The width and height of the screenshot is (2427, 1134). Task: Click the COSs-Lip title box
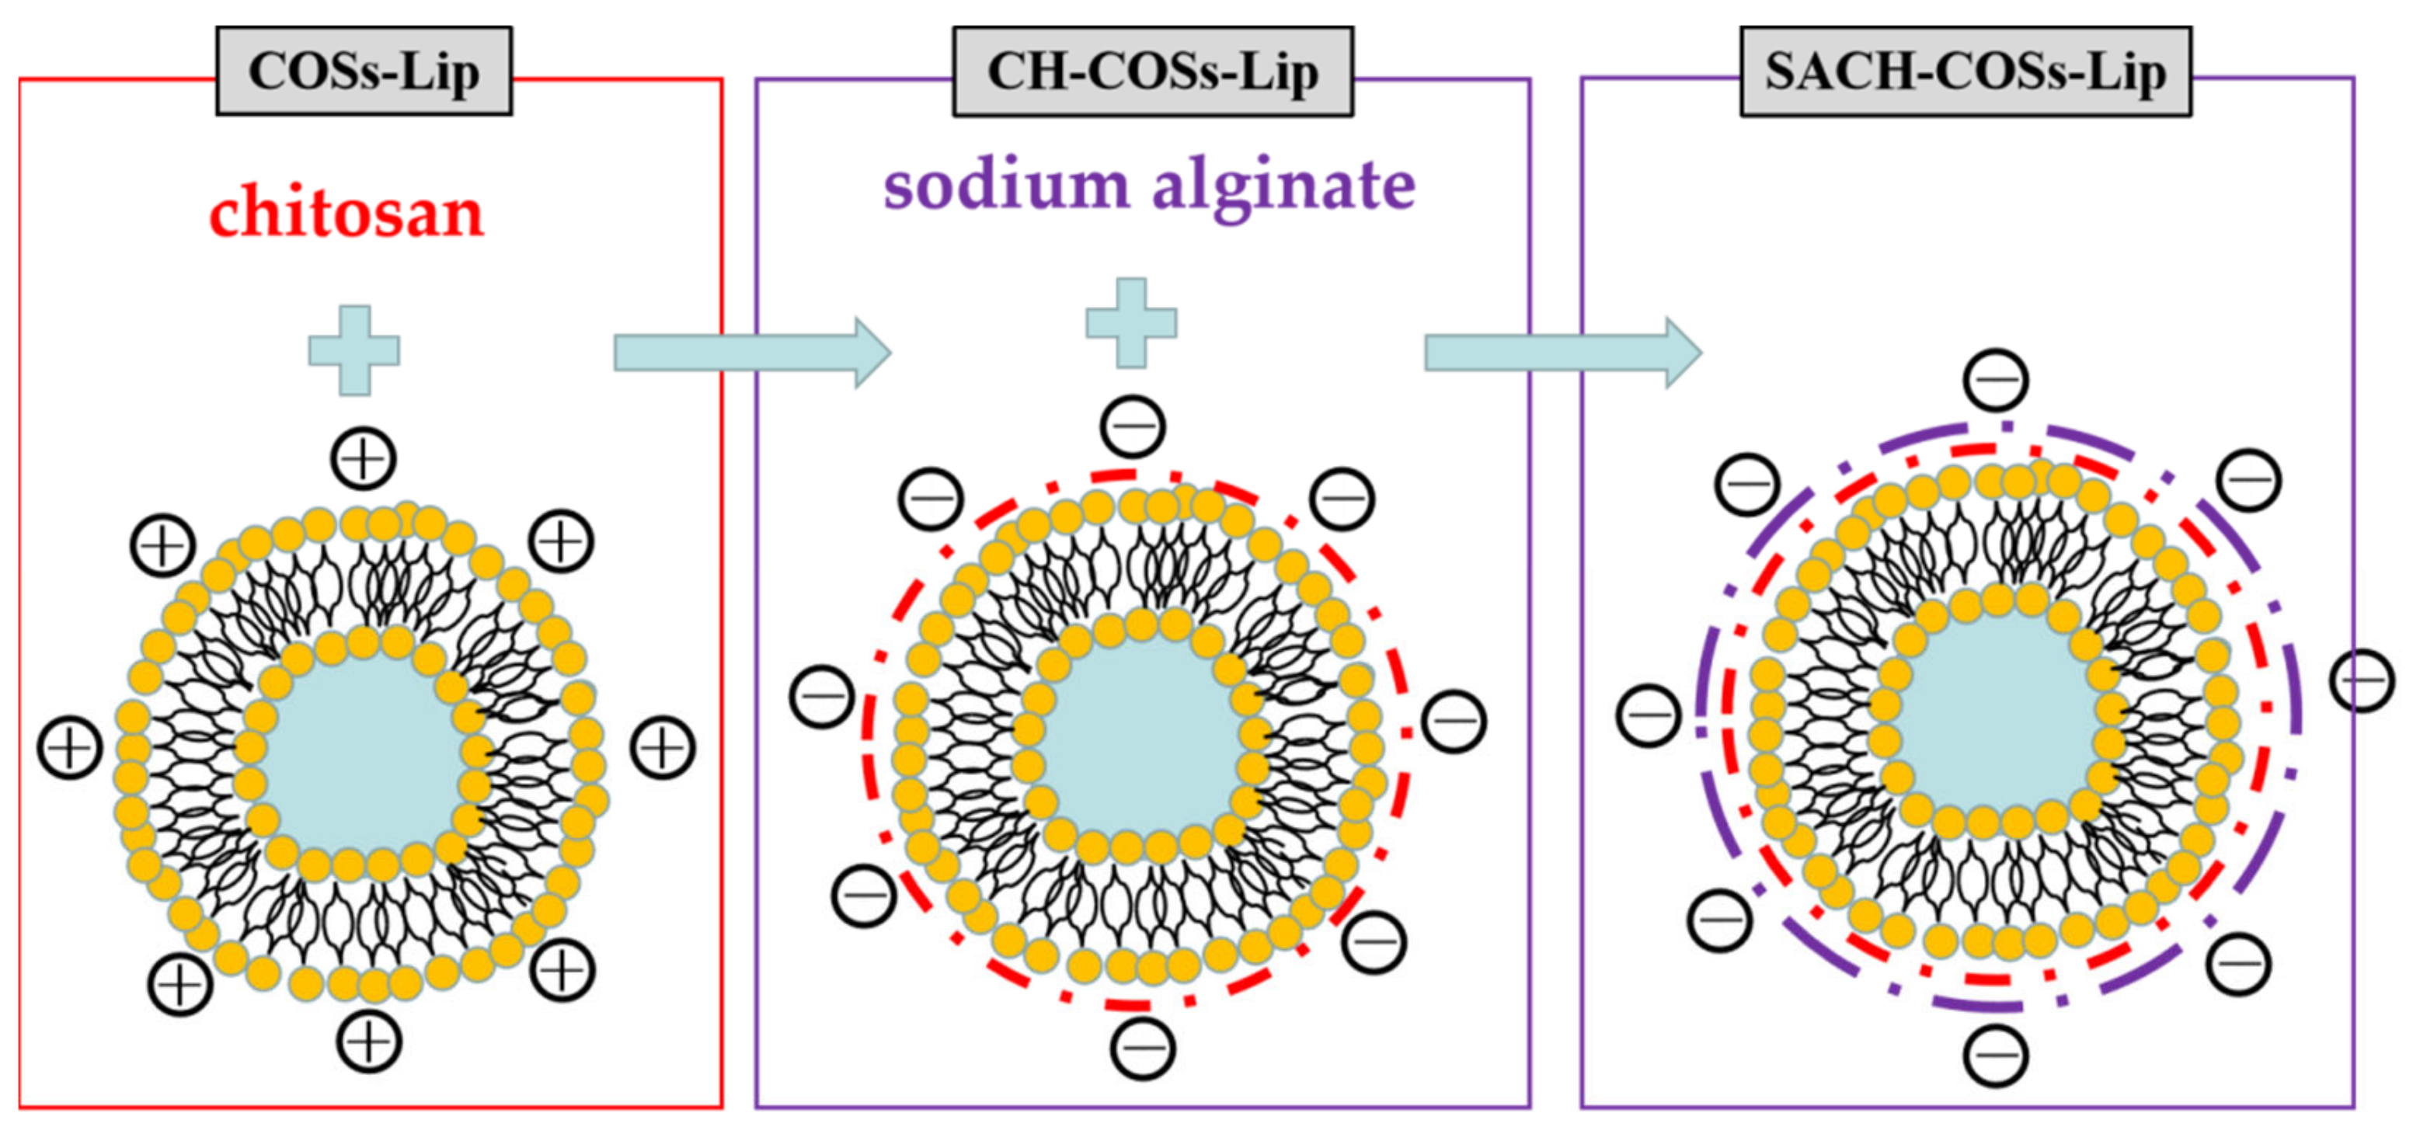[x=364, y=71]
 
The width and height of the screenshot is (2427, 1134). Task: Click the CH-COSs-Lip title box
[x=1152, y=71]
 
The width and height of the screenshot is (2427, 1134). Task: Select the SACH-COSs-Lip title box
[x=1966, y=71]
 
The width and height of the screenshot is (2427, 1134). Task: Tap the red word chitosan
[x=346, y=213]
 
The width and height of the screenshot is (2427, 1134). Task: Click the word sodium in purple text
[x=1005, y=185]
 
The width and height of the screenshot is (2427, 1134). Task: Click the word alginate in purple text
[x=1283, y=186]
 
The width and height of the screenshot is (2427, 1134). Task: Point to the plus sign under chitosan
[x=354, y=350]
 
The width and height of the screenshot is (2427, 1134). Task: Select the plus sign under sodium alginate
[x=1130, y=323]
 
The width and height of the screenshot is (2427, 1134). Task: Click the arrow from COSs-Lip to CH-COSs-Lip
[x=751, y=353]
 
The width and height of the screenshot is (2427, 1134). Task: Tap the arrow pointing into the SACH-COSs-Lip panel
[x=1562, y=353]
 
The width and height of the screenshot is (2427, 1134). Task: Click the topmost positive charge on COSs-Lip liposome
[x=363, y=459]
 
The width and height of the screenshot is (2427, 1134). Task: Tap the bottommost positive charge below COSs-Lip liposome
[x=369, y=1042]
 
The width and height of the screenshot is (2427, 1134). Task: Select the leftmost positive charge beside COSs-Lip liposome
[x=70, y=749]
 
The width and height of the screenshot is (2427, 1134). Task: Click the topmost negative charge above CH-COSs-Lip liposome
[x=1133, y=426]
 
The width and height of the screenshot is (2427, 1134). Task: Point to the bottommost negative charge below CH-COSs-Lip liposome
[x=1142, y=1047]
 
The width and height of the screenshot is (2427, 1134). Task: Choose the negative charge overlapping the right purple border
[x=2361, y=680]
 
